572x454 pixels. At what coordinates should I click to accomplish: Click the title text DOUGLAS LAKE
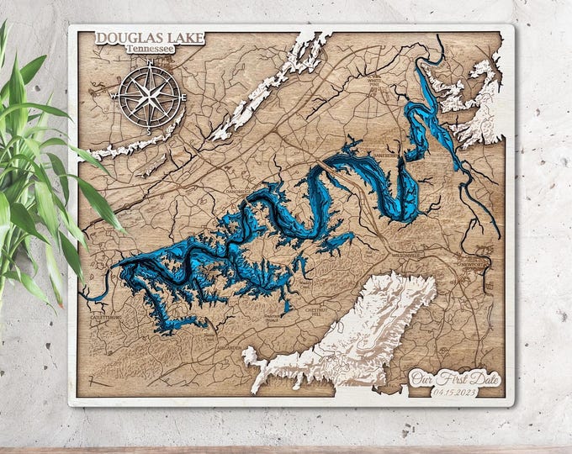[x=140, y=38]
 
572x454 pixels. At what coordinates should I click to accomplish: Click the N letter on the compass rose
[x=149, y=63]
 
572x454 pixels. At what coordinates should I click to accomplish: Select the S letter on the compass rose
[x=150, y=131]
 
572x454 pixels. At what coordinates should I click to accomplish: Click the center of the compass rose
[x=150, y=96]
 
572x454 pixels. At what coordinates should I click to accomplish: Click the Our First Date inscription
[x=453, y=377]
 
